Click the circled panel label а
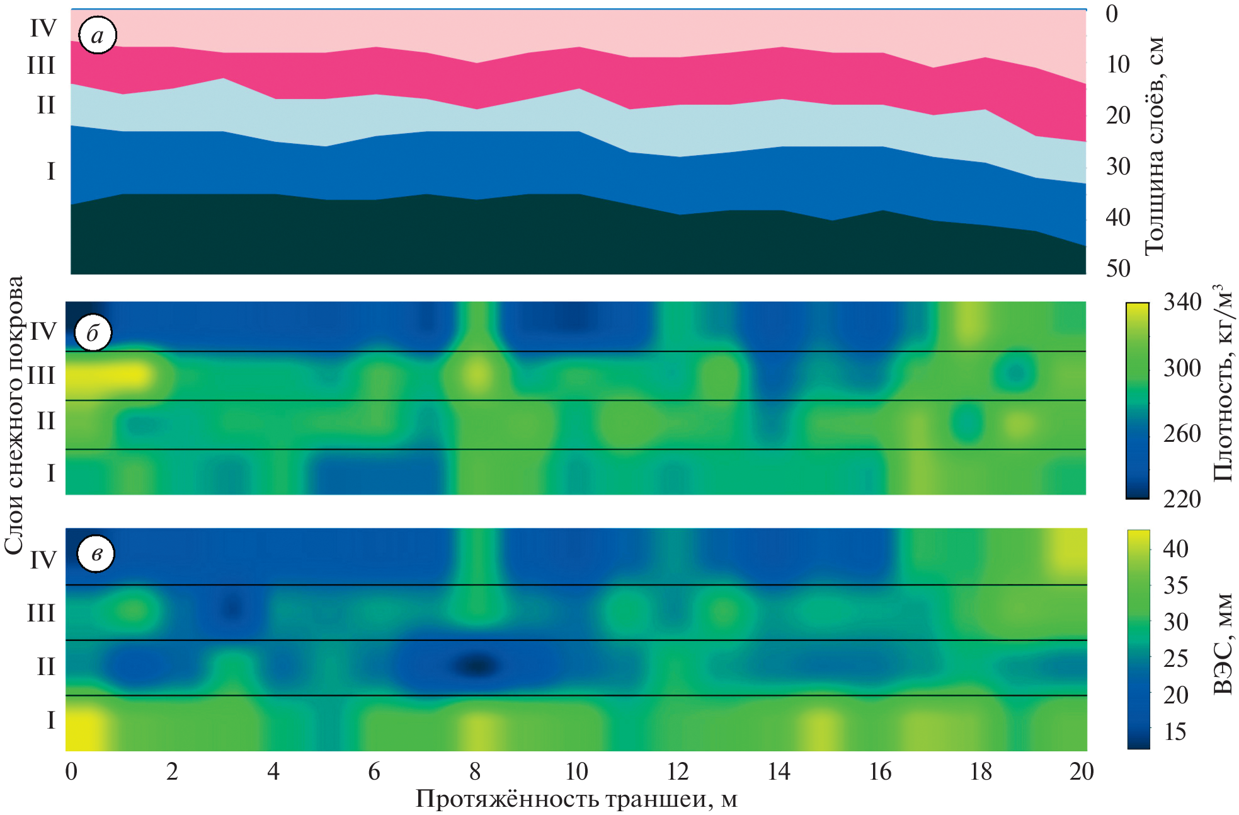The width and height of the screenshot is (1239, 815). [x=97, y=36]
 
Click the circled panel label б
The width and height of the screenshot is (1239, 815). [x=93, y=333]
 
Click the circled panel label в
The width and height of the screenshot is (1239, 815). [x=96, y=554]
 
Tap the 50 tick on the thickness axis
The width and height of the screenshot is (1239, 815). [x=1118, y=269]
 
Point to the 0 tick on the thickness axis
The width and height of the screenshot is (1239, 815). [x=1112, y=14]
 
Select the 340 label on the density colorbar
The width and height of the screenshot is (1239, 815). [x=1182, y=303]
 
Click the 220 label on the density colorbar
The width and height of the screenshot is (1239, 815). [x=1182, y=499]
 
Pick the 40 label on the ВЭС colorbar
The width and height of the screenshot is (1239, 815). [x=1175, y=548]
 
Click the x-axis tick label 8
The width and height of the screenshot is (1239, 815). [x=475, y=772]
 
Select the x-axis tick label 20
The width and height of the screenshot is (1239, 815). [x=1081, y=772]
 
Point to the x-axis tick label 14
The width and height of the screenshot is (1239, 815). [x=779, y=772]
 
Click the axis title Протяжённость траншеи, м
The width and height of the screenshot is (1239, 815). [x=576, y=799]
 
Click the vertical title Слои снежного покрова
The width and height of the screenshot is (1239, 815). [x=14, y=415]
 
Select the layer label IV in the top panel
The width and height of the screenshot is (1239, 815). [x=43, y=28]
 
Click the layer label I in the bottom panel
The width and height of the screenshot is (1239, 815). [x=51, y=720]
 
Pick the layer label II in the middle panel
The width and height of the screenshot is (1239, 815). [x=46, y=421]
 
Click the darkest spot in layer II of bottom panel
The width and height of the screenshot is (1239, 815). [x=476, y=666]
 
